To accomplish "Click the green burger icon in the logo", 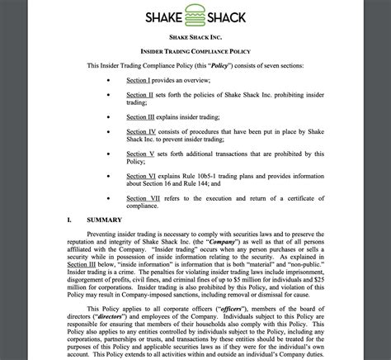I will click(x=195, y=16).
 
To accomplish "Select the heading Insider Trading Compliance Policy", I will click(x=195, y=50).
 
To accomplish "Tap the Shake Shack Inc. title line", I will click(x=195, y=37).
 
